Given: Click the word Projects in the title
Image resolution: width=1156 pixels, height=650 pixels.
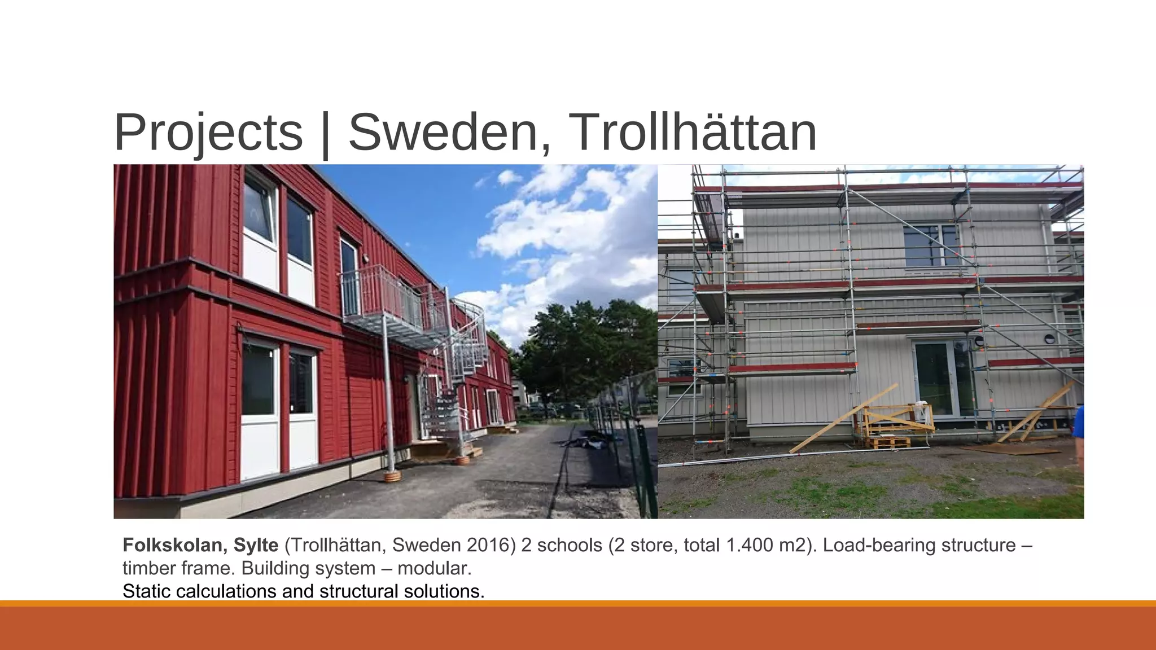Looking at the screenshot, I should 208,133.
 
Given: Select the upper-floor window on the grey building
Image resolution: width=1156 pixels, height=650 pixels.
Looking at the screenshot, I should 931,245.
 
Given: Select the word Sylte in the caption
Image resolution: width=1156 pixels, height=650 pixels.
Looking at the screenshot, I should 256,545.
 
